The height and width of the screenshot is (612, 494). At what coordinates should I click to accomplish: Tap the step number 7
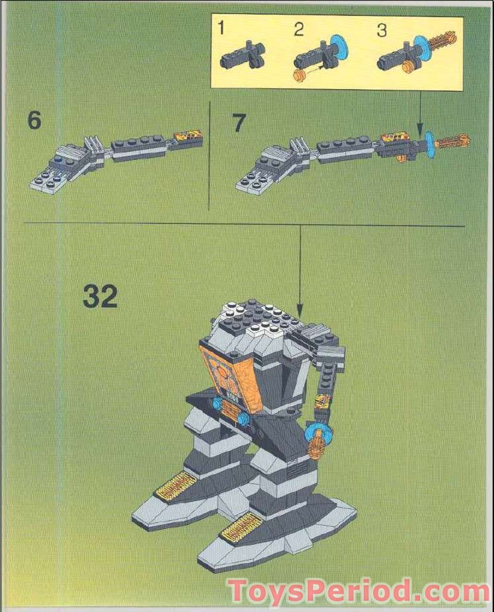pos(239,123)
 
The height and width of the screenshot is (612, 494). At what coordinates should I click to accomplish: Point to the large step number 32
pos(100,296)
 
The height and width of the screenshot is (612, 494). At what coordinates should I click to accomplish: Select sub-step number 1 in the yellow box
pos(222,28)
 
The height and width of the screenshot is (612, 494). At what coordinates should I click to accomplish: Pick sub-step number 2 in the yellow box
pos(299,28)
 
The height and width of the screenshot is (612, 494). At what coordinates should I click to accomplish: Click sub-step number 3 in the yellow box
pos(381,28)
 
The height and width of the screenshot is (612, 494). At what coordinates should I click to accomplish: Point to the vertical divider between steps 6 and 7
pos(209,156)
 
